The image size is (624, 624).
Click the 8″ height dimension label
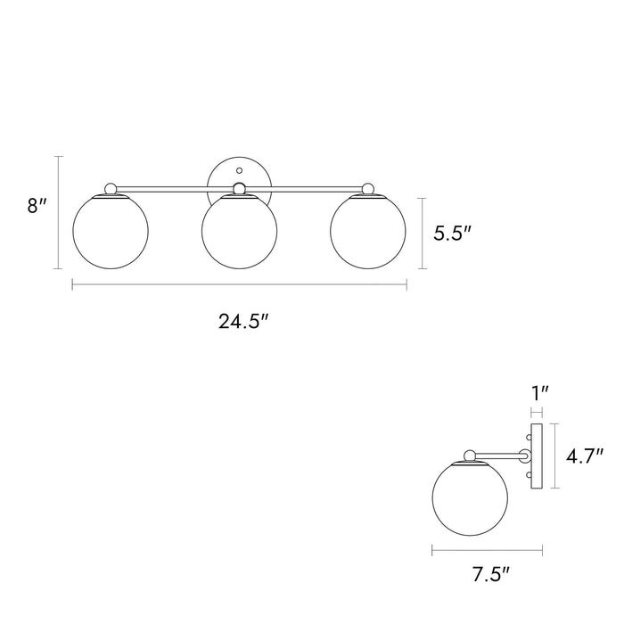click(x=37, y=206)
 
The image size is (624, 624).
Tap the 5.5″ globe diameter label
click(x=453, y=233)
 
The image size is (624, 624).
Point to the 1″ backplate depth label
click(x=540, y=394)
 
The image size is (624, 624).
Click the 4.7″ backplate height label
click(x=585, y=456)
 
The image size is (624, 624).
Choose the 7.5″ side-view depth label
click(x=490, y=575)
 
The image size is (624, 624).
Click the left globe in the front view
click(x=111, y=231)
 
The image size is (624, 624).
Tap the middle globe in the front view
click(x=240, y=231)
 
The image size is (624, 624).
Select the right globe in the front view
click(x=368, y=231)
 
